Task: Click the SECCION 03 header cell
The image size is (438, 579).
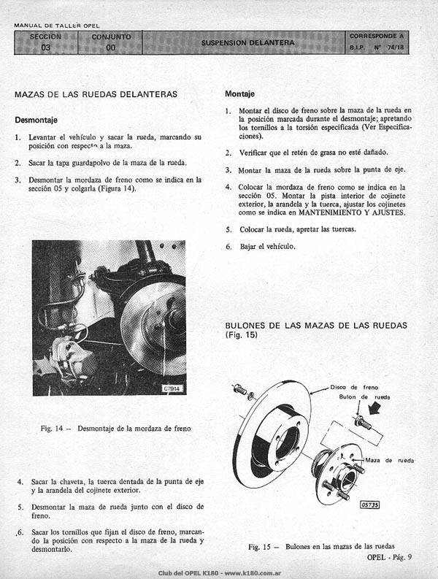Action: [x=46, y=42]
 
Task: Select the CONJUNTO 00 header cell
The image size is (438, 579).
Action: [x=110, y=42]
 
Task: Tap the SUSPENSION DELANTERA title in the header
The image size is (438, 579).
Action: [x=247, y=43]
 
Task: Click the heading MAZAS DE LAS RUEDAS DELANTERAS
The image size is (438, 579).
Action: [x=96, y=94]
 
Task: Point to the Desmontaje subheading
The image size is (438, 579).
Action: [x=36, y=120]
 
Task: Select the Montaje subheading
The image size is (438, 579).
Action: [x=239, y=94]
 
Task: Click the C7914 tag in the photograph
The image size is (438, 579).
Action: [x=172, y=389]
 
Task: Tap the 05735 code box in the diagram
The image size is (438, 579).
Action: [x=369, y=505]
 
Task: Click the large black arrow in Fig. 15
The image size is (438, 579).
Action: [x=376, y=408]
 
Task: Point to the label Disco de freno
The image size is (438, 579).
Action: [x=354, y=388]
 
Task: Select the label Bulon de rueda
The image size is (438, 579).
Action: [x=364, y=397]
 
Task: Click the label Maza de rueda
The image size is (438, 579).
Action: [x=390, y=460]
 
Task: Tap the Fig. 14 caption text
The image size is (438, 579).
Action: [x=115, y=429]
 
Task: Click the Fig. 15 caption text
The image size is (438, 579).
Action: [x=321, y=546]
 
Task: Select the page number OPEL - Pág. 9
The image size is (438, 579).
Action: [x=389, y=557]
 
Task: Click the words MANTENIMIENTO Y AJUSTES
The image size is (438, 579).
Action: [x=352, y=212]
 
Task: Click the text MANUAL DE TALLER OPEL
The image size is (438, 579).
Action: [x=56, y=26]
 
